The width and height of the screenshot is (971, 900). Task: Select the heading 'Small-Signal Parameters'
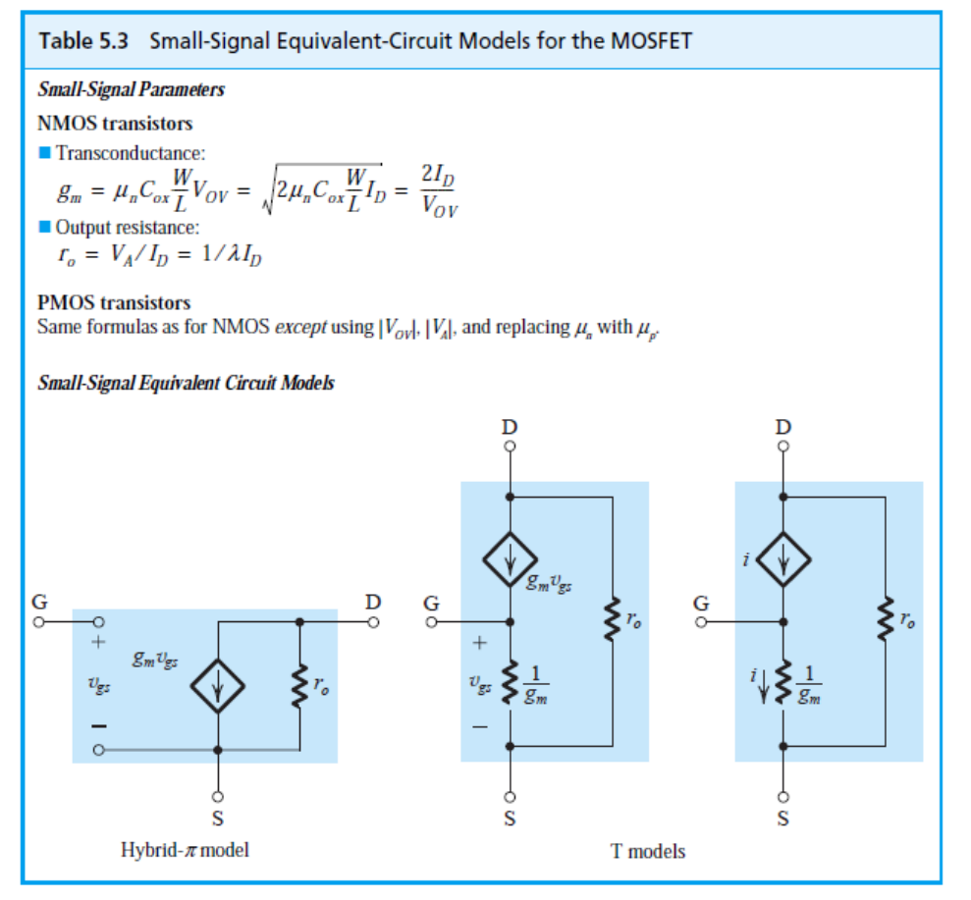pos(131,90)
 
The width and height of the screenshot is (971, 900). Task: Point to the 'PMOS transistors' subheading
pos(114,302)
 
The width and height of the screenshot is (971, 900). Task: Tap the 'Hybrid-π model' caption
pos(185,849)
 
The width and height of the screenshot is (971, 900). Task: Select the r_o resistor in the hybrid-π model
pos(298,686)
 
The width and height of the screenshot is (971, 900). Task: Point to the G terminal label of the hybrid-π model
pos(40,601)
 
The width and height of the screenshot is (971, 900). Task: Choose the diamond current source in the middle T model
pos(509,560)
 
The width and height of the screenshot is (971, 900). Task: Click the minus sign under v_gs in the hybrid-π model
pos(98,726)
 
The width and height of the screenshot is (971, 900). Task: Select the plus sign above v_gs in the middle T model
pos(480,645)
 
